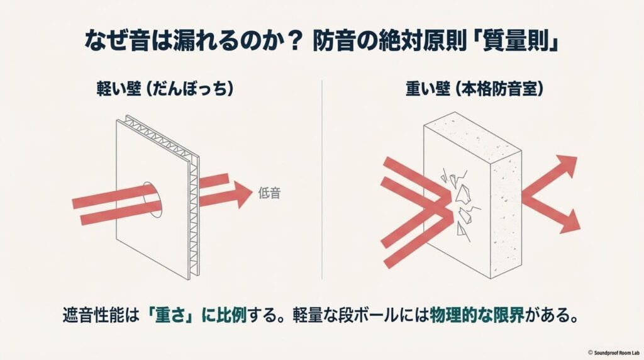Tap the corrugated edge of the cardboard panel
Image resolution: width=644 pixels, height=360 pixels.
point(193,208)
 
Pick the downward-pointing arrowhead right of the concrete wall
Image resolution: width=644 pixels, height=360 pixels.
point(568,222)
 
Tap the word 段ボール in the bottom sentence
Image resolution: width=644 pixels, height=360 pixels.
point(370,315)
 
